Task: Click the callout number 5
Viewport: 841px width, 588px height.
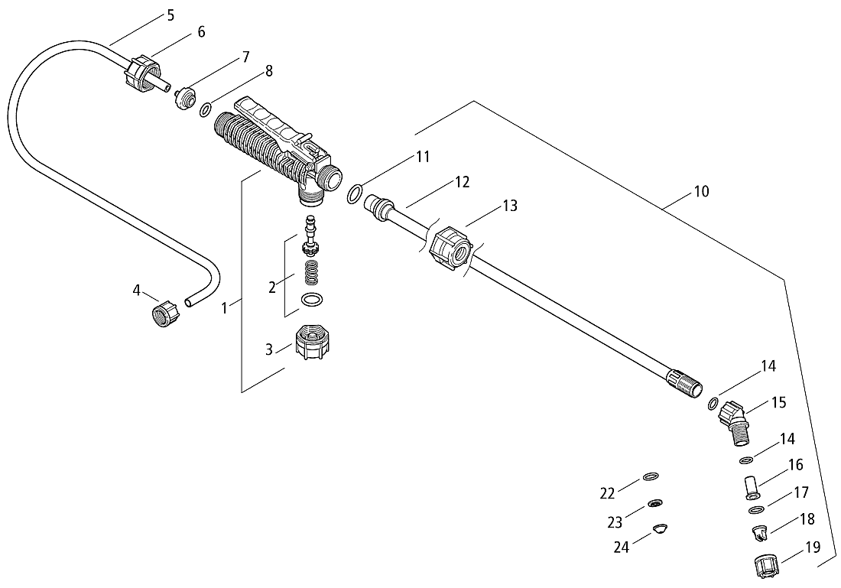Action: click(170, 15)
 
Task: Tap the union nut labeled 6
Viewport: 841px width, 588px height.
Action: click(142, 73)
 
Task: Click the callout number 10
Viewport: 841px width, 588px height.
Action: click(701, 191)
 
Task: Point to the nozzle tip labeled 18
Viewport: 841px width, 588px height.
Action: click(760, 533)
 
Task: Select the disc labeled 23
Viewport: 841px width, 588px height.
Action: click(655, 503)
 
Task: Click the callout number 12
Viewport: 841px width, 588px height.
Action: click(463, 182)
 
